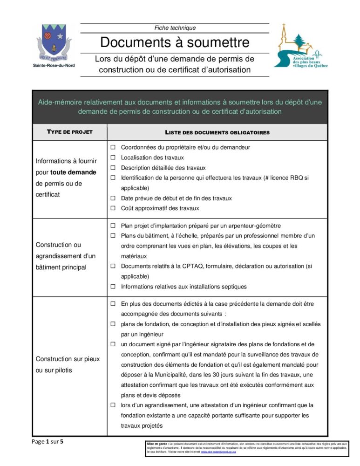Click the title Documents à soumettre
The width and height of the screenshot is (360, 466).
[175, 43]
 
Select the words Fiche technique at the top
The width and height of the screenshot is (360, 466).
[175, 28]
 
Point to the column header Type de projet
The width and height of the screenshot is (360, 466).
[70, 132]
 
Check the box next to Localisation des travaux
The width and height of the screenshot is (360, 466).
[113, 158]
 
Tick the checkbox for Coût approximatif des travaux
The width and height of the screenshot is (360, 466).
[113, 208]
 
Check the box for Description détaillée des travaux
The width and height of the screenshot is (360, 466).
[113, 168]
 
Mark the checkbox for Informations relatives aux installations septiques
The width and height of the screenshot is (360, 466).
[113, 287]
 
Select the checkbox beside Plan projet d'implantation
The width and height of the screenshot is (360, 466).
[113, 226]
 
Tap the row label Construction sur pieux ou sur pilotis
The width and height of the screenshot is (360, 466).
[65, 364]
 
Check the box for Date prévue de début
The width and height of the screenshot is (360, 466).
[113, 198]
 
